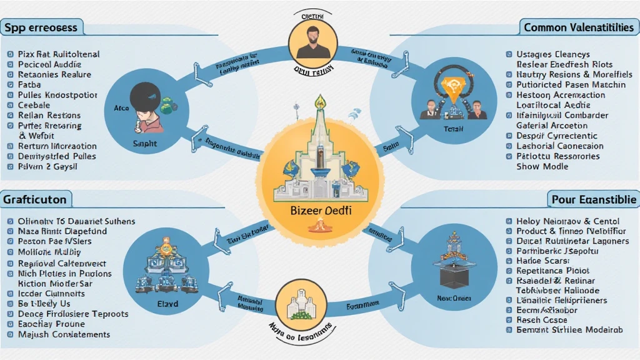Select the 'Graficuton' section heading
[34, 199]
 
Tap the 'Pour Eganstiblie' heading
[594, 199]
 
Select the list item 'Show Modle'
[542, 166]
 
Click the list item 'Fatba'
[29, 84]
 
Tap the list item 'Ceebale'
[34, 105]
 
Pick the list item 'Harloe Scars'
[542, 261]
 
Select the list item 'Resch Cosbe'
[541, 320]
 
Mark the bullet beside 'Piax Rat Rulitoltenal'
[9, 54]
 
